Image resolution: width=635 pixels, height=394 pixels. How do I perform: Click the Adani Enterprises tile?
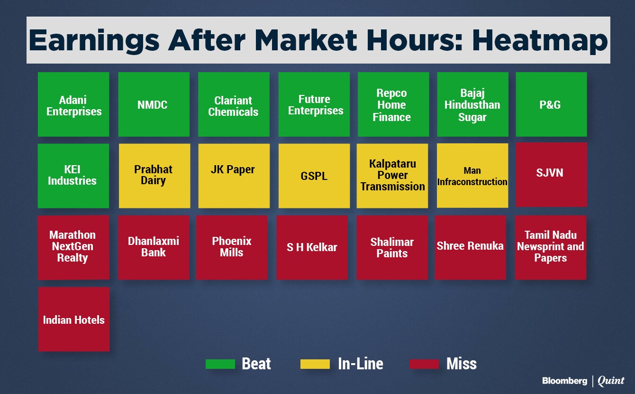coord(73,104)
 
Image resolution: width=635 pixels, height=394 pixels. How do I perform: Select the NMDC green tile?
coord(154,104)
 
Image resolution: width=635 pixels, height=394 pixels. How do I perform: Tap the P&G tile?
coord(551,104)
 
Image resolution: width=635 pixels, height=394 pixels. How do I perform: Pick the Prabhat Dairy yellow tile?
coord(154,176)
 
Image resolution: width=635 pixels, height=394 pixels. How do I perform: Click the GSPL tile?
coord(314,176)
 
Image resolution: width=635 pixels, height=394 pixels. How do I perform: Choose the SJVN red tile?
coord(552,175)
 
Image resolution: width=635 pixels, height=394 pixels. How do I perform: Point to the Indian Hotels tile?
coord(74,319)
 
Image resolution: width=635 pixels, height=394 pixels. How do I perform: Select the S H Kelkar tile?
coord(312,247)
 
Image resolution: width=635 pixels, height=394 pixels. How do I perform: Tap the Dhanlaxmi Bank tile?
coord(154,247)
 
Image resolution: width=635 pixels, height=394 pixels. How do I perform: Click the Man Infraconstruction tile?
coord(472,176)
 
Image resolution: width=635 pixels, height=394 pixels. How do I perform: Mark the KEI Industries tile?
coord(73,176)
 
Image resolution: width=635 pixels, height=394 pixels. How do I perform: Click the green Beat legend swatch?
coord(220,364)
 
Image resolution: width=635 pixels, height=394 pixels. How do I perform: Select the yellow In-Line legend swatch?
coord(315,364)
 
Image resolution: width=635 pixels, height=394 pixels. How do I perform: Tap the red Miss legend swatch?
coord(424,364)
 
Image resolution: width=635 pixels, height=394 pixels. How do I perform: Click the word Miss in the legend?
coord(462,364)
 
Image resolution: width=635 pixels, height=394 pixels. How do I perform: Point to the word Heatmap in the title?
coord(540,41)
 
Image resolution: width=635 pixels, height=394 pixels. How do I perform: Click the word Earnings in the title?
coord(94,41)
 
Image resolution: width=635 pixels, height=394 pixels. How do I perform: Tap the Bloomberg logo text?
coord(565,381)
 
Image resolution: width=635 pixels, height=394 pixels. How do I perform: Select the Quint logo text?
coord(611,381)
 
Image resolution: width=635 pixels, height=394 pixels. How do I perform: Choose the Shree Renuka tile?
coord(470,247)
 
